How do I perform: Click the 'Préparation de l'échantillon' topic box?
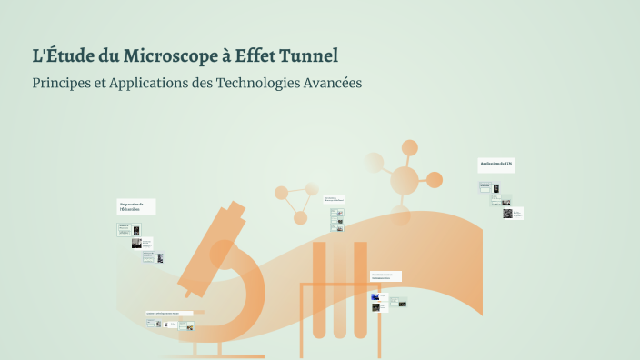pos(135,206)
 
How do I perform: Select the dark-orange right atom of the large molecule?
pos(435,180)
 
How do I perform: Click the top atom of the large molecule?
pos(409,147)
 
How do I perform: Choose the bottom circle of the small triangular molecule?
pos(299,217)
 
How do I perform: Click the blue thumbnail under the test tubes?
pos(374,296)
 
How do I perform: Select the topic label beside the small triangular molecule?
pos(334,199)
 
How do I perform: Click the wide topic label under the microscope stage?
pos(169,313)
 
